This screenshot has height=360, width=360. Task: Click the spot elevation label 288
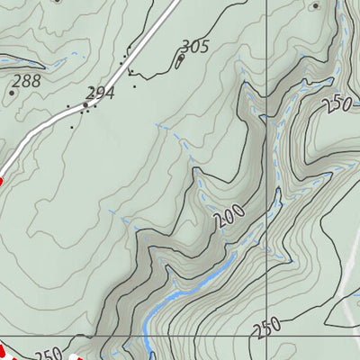(x=27, y=80)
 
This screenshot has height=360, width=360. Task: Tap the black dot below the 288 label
(x=12, y=92)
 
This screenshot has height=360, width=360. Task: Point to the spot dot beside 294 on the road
(x=86, y=105)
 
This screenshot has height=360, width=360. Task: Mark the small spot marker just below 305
(x=180, y=59)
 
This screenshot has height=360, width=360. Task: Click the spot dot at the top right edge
(x=314, y=5)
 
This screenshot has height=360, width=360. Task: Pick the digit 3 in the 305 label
(x=185, y=46)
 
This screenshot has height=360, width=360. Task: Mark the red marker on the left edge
(x=1, y=181)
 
